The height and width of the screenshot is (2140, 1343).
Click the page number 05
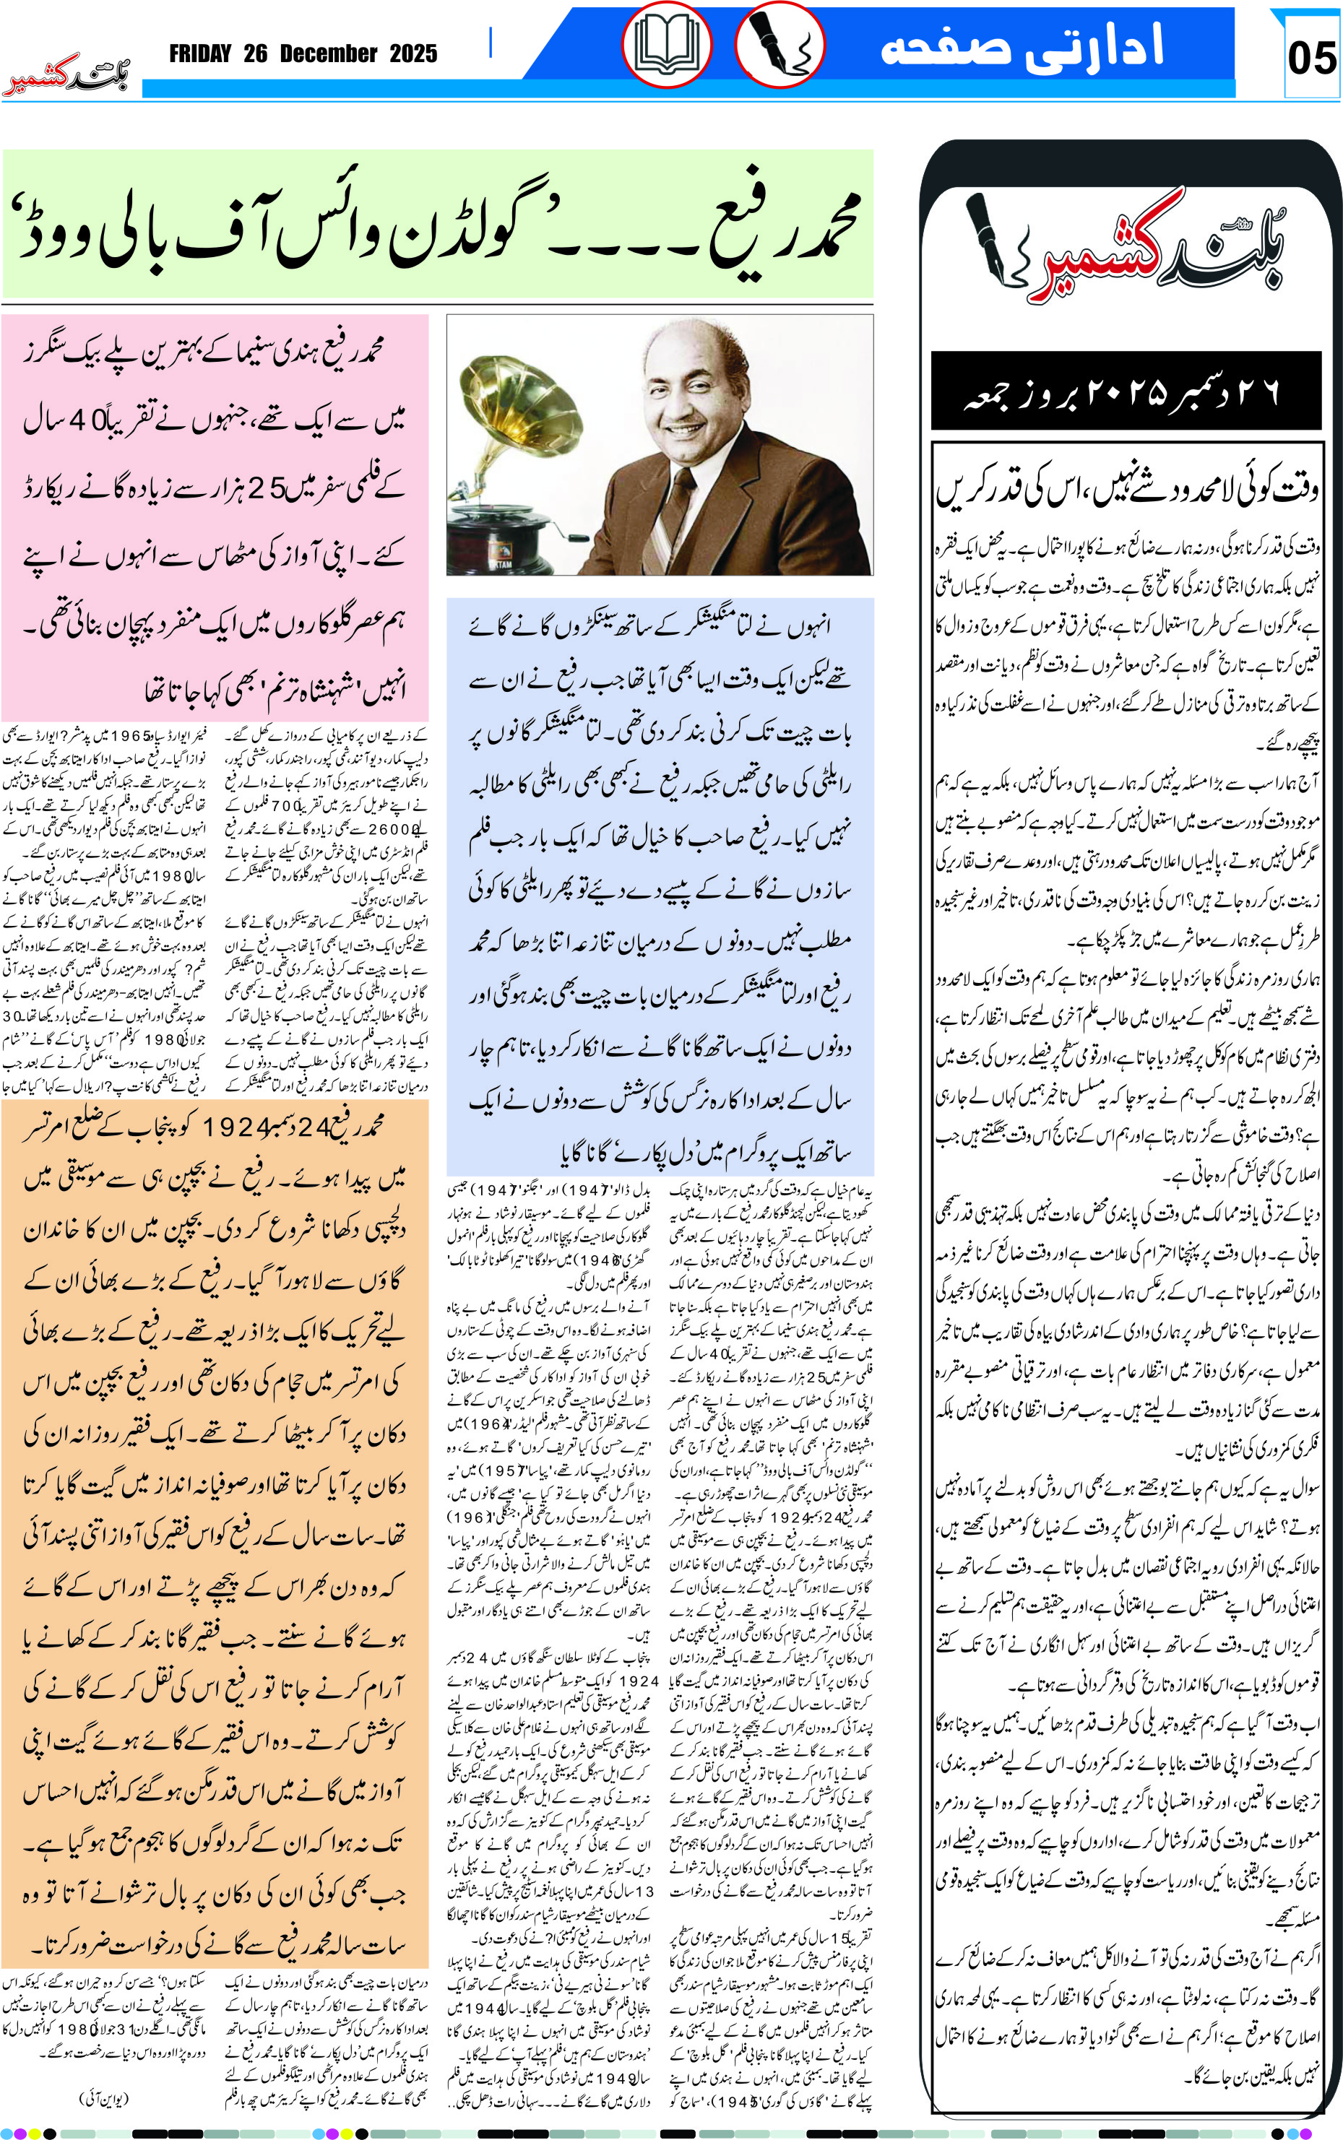click(x=1311, y=59)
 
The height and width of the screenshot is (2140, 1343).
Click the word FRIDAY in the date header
click(x=200, y=54)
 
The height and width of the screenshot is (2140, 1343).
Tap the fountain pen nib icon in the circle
click(x=780, y=43)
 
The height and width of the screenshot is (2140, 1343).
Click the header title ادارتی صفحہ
click(x=1022, y=47)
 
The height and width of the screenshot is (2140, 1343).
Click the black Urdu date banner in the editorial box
click(x=1126, y=391)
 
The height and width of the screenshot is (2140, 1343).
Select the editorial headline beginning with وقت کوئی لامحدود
click(x=1126, y=488)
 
